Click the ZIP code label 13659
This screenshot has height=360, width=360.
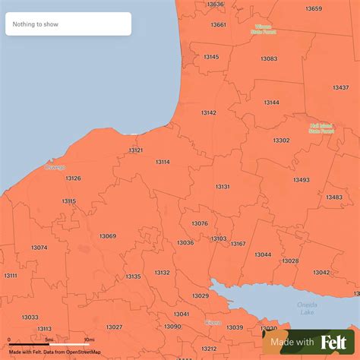(314, 9)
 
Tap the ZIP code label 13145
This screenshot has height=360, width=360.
(210, 57)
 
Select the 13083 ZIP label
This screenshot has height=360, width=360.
(269, 58)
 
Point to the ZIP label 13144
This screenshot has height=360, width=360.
(271, 103)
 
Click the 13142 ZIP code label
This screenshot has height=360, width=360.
(208, 112)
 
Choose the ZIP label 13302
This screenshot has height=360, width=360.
(281, 141)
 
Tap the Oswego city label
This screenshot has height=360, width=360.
(55, 167)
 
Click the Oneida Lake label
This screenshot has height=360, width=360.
(307, 308)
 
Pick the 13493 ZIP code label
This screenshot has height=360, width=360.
(301, 180)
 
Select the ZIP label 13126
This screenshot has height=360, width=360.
(73, 178)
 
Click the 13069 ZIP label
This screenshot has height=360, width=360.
(108, 236)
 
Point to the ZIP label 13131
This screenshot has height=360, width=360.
(223, 187)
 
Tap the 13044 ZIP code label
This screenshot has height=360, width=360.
(263, 254)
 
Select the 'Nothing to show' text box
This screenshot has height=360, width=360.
(68, 24)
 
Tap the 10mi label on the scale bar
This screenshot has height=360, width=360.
(89, 339)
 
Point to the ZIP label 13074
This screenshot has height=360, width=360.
(39, 248)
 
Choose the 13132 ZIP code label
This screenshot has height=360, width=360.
(162, 273)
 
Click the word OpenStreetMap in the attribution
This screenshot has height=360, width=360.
(84, 352)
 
